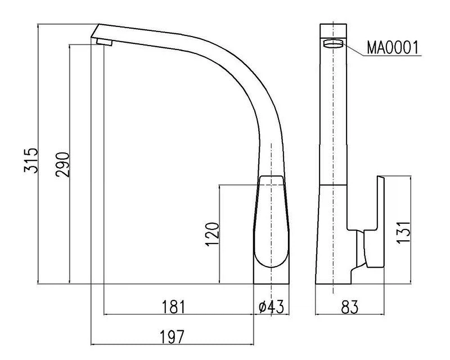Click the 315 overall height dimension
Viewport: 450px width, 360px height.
(31, 160)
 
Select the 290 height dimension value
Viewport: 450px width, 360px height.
(62, 164)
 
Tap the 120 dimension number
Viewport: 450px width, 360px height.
(212, 234)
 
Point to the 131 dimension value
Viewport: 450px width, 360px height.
(403, 232)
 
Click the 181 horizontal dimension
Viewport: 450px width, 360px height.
(174, 307)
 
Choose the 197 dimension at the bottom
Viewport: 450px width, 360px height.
(172, 336)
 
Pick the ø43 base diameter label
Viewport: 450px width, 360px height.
(271, 307)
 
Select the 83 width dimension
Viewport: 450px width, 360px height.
(349, 307)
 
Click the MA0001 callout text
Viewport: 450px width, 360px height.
(393, 48)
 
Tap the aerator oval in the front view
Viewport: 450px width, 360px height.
(333, 44)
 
